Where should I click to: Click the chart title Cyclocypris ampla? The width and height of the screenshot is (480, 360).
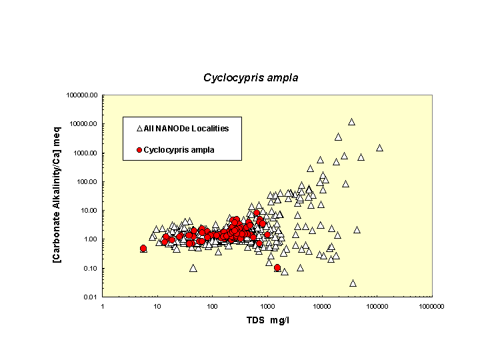(x=251, y=78)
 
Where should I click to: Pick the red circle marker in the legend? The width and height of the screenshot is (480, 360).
(x=139, y=150)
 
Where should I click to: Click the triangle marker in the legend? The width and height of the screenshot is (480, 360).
(x=139, y=128)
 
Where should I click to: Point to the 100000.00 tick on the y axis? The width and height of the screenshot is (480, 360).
(x=83, y=95)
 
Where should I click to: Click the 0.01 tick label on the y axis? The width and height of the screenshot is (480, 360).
(x=90, y=297)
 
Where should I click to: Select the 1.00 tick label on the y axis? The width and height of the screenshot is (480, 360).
(x=90, y=239)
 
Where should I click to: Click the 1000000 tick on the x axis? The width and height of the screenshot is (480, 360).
(x=431, y=305)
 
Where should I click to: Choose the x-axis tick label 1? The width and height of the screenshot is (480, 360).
(x=103, y=305)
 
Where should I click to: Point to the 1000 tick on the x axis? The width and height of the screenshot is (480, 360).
(x=267, y=305)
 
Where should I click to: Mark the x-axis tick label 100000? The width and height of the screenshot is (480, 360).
(x=377, y=305)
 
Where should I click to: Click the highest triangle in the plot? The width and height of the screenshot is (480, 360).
(x=351, y=122)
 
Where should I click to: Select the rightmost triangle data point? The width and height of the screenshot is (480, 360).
(x=379, y=148)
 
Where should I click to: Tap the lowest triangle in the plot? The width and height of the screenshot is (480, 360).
(x=353, y=283)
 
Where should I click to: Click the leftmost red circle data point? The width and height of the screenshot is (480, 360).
(x=143, y=248)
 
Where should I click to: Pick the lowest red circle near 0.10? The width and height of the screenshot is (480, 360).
(x=277, y=267)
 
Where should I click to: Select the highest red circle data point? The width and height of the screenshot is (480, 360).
(x=257, y=213)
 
